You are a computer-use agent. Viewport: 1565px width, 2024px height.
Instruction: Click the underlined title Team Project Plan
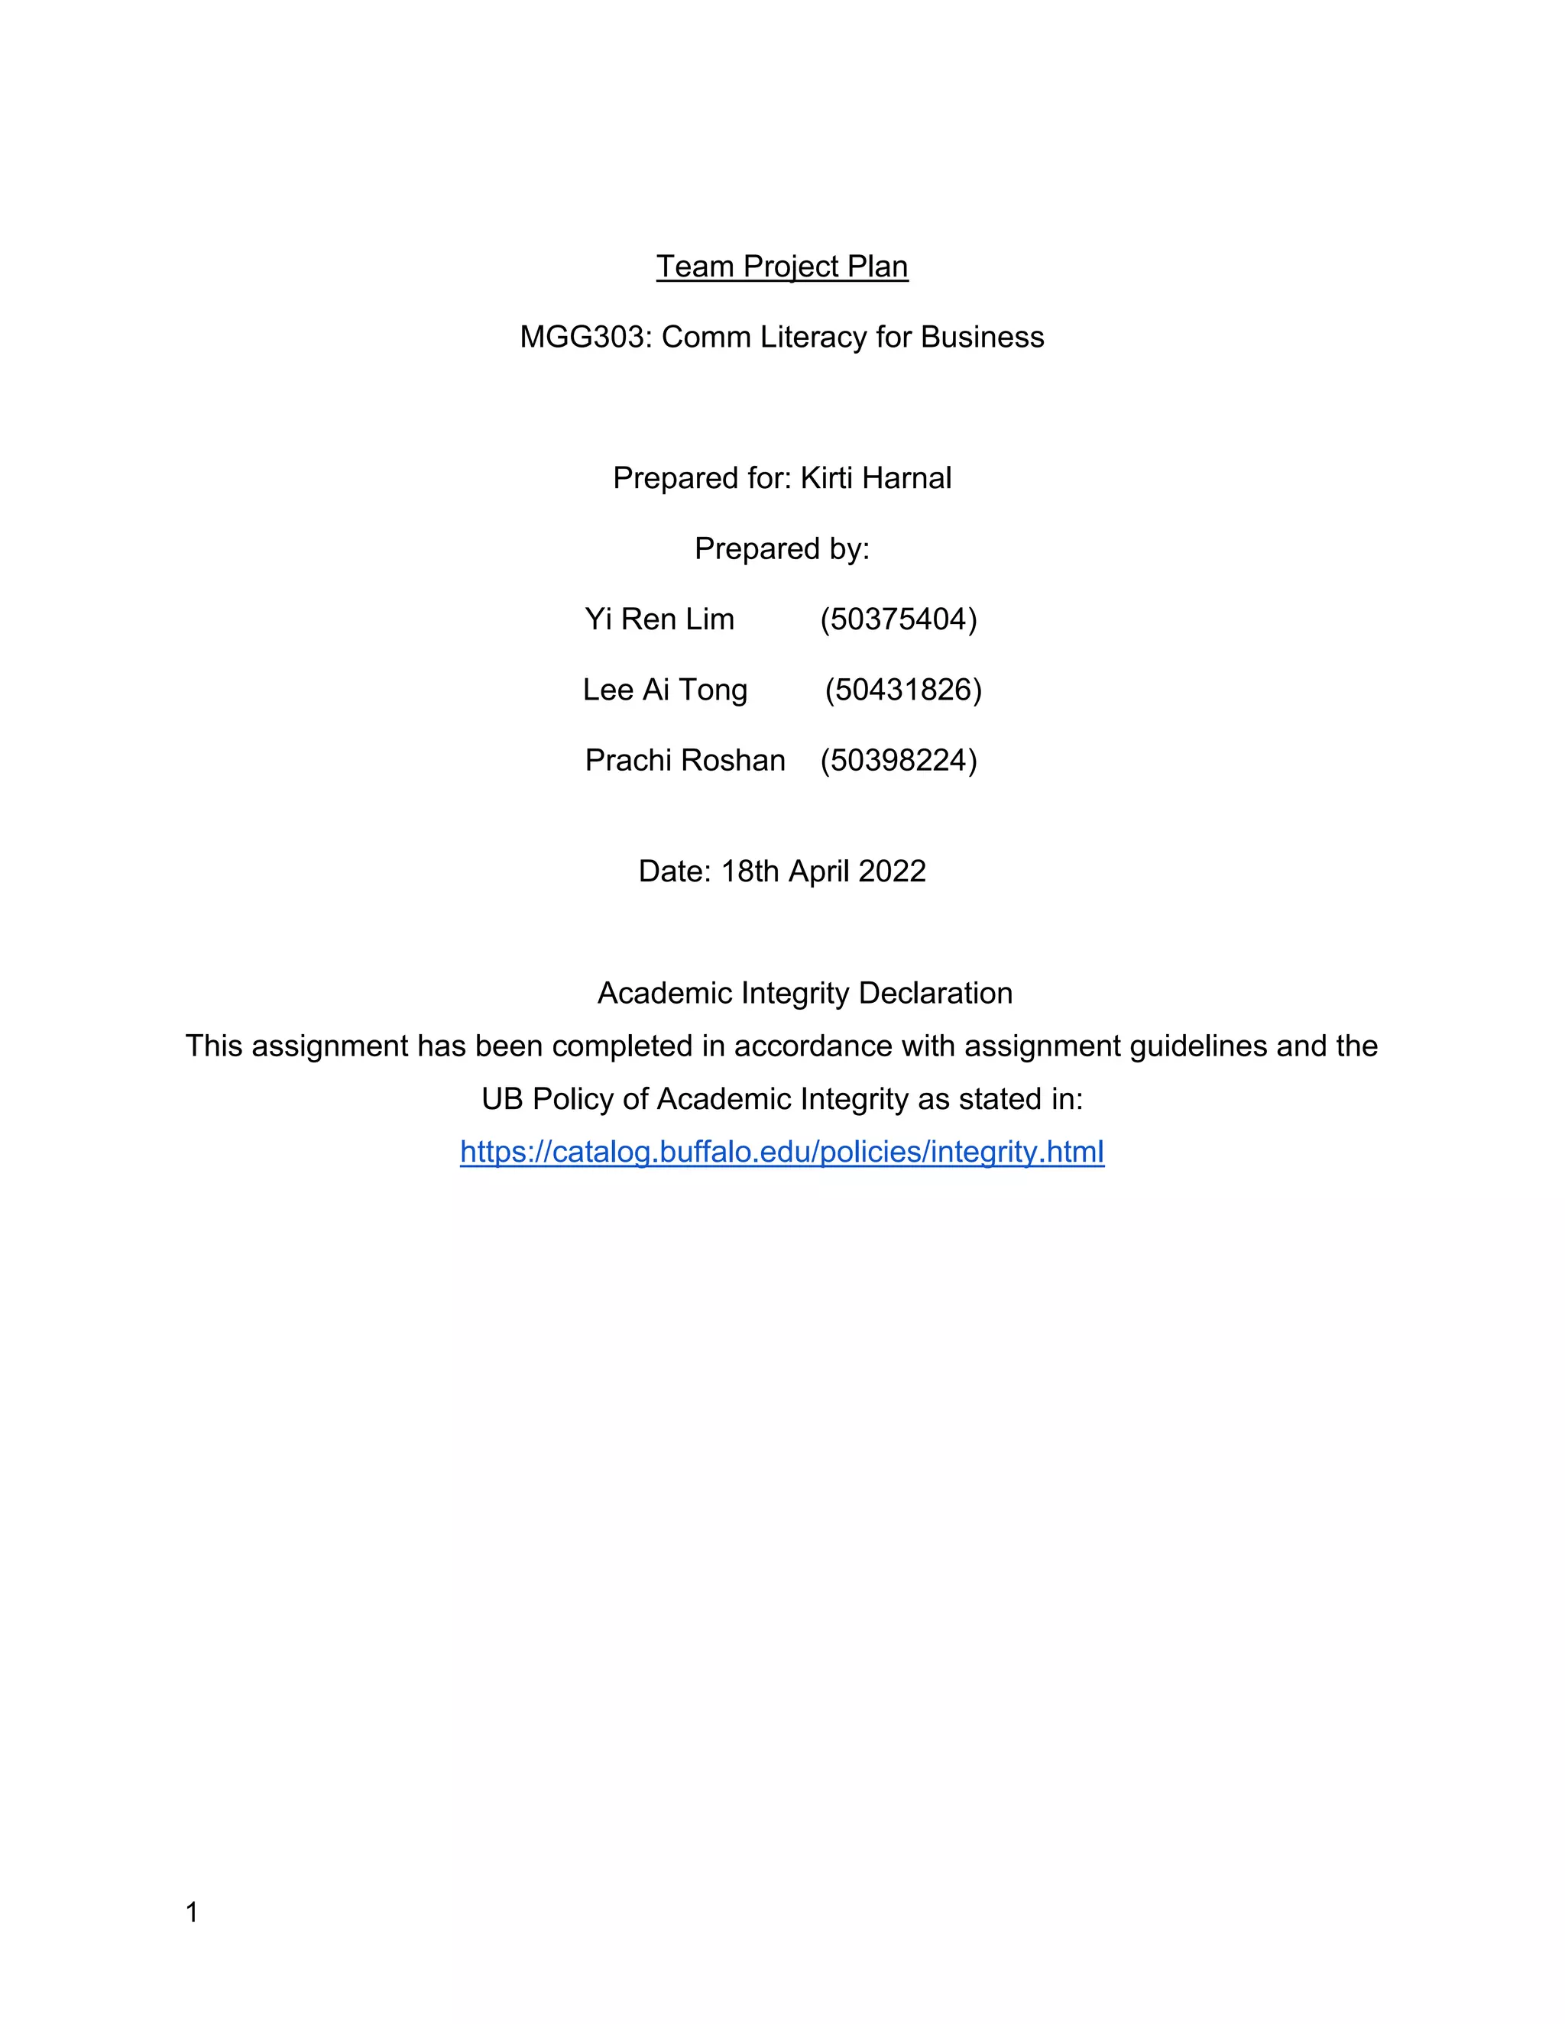tap(782, 267)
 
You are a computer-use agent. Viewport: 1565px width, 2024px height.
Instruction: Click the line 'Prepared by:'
tap(782, 548)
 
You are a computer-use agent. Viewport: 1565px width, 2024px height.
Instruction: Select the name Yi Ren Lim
tap(659, 619)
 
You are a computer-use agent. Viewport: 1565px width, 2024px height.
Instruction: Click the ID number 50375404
tap(899, 619)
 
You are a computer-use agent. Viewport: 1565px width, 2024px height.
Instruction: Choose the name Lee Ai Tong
tap(665, 690)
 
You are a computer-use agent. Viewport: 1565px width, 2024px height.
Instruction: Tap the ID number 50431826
tap(903, 690)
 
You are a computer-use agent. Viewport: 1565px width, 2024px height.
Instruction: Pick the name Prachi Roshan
tap(685, 760)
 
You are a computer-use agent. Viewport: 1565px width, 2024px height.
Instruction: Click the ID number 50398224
tap(899, 760)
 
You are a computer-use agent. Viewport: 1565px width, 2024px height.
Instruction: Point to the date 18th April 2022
tap(823, 871)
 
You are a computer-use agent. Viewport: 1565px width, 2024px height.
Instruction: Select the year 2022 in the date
tap(892, 871)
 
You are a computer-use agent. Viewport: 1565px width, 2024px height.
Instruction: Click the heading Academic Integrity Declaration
tap(805, 994)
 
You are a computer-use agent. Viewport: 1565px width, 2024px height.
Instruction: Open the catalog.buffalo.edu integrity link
tap(782, 1152)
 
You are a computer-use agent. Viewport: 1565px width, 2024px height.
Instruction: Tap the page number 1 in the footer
tap(192, 1912)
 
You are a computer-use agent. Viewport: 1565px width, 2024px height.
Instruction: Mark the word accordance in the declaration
tap(813, 1046)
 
